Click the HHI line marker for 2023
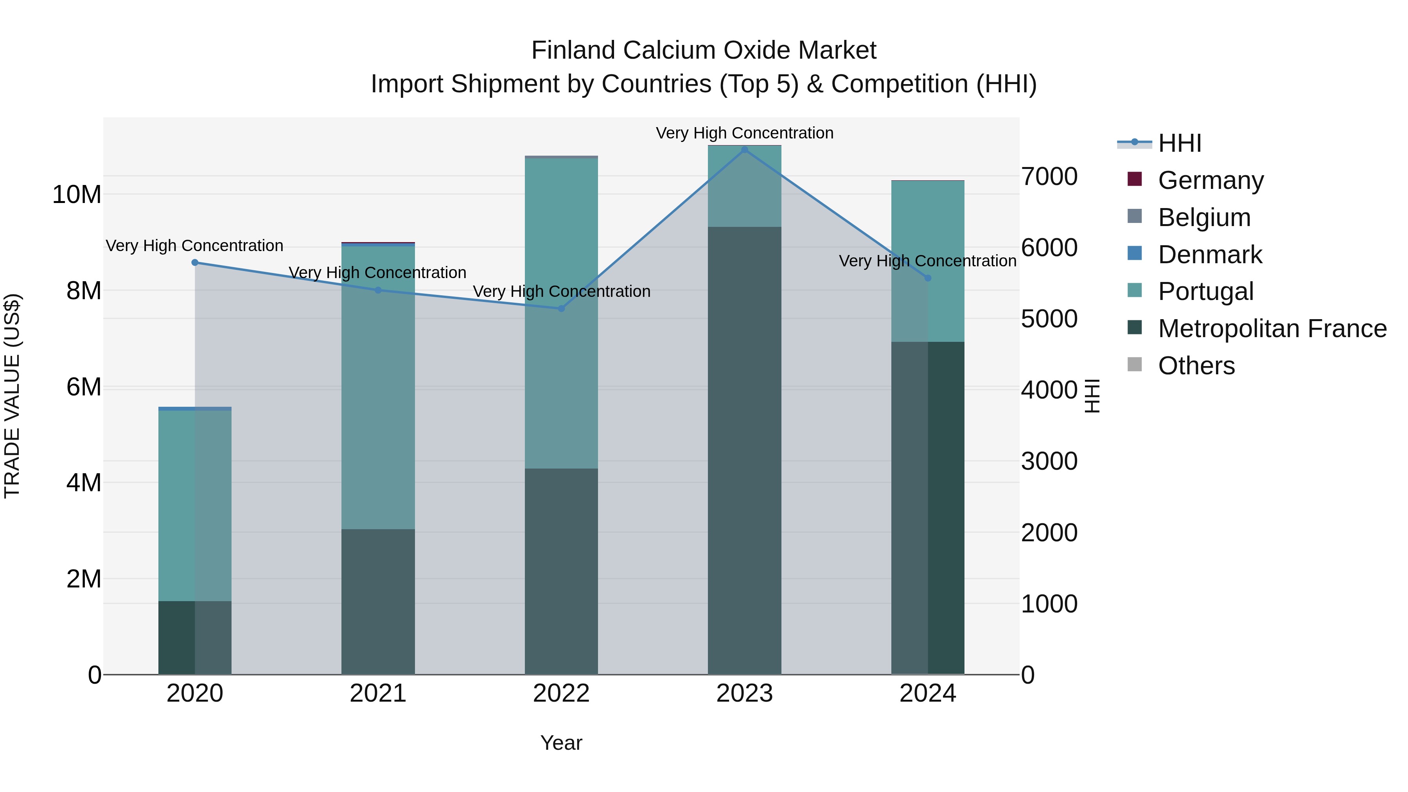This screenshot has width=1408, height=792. [744, 150]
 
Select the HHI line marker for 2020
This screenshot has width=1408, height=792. [195, 262]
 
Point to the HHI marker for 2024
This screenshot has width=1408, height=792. [928, 278]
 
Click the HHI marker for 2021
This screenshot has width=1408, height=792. [378, 290]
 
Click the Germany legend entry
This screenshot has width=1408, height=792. [1210, 180]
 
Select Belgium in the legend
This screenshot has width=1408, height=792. [1204, 217]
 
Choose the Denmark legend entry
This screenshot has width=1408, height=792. [1210, 254]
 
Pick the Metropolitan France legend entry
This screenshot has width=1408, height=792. [1272, 329]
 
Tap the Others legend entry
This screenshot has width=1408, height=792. [1196, 366]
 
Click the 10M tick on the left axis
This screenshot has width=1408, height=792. [77, 195]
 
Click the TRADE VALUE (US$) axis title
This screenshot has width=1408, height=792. [12, 396]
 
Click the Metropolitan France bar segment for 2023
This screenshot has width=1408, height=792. [744, 448]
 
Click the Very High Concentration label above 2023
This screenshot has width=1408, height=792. [744, 133]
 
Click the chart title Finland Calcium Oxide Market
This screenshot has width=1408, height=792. [704, 50]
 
